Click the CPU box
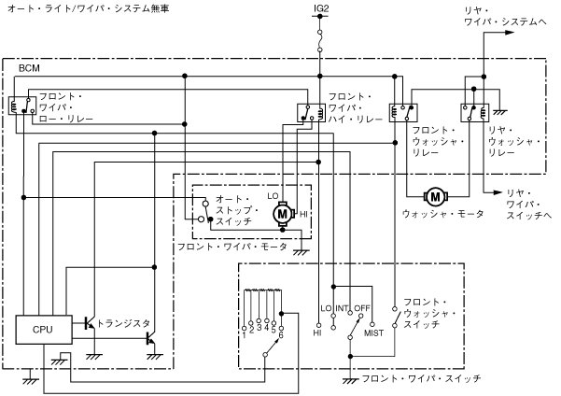[x=43, y=330]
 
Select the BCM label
[x=29, y=70]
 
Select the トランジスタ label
[x=124, y=323]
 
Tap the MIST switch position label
[x=373, y=332]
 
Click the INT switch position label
[x=344, y=307]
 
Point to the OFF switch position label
[x=364, y=307]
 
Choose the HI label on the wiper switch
[x=317, y=332]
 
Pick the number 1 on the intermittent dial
[x=245, y=331]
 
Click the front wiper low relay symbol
[x=20, y=106]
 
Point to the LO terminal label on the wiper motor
[x=273, y=196]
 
